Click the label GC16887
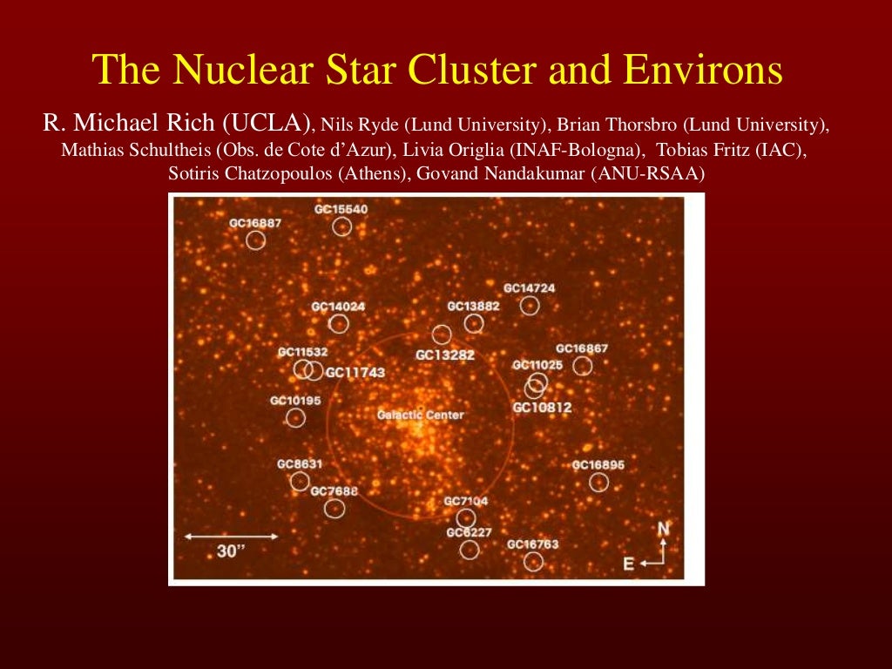[x=255, y=223]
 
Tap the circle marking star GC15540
[x=341, y=226]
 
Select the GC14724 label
[x=529, y=288]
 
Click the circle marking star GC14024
[x=339, y=324]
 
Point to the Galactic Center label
[x=420, y=416]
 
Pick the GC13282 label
[x=445, y=355]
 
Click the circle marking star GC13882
[x=474, y=323]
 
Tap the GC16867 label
[x=582, y=348]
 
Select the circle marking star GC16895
[x=598, y=482]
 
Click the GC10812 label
[x=542, y=407]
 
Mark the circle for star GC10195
[x=295, y=418]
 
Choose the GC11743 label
[x=355, y=372]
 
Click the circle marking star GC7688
[x=334, y=509]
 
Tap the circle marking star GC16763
[x=533, y=562]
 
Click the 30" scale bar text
[x=228, y=551]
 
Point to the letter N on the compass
[x=664, y=529]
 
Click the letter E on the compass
[x=629, y=564]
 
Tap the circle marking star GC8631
[x=300, y=481]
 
